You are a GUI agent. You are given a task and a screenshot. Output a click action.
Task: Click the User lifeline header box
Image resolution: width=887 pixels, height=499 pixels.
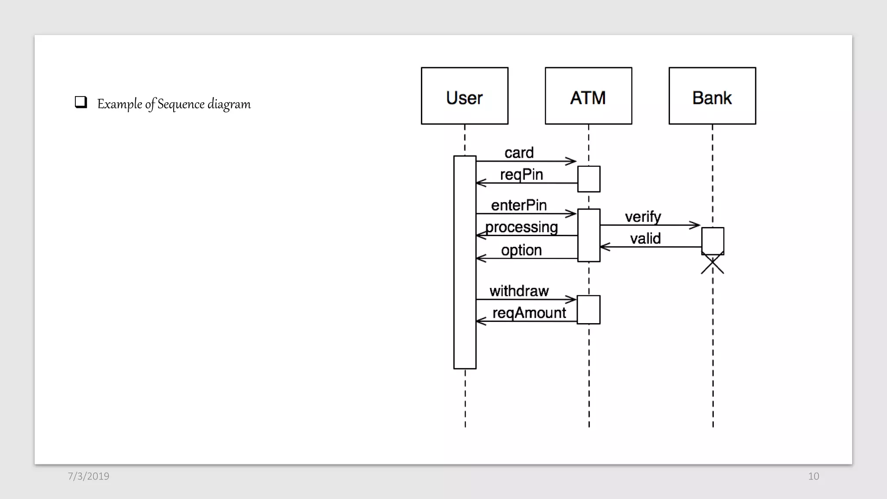(464, 96)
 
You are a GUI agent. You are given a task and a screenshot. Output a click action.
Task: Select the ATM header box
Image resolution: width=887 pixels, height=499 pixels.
(588, 96)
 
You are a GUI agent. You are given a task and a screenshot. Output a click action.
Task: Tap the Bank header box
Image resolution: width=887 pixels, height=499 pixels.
(712, 96)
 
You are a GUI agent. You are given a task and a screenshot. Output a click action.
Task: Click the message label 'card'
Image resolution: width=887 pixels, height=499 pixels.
(519, 153)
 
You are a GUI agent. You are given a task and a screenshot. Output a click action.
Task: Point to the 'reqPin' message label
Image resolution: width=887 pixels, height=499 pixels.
(521, 175)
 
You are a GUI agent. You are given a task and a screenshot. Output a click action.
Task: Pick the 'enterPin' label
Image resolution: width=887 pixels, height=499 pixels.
(519, 205)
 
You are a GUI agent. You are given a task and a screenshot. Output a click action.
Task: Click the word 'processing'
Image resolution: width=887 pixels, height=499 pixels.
(521, 227)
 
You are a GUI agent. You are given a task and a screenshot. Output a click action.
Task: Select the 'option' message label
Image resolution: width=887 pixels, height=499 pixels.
(521, 250)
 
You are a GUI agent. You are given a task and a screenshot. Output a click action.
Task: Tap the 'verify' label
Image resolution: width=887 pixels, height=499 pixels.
(643, 217)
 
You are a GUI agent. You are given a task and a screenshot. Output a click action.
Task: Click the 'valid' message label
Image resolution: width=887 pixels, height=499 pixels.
(645, 239)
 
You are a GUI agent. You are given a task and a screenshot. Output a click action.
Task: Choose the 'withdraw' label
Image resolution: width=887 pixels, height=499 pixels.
(519, 291)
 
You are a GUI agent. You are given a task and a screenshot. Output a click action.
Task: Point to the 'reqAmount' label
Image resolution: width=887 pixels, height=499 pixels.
(529, 313)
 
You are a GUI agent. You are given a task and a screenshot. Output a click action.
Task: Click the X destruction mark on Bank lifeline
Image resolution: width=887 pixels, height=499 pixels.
(712, 265)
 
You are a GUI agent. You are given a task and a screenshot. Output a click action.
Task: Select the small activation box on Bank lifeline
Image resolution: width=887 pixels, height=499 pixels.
(712, 240)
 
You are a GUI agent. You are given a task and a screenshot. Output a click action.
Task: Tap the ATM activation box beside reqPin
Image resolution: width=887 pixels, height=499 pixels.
(589, 178)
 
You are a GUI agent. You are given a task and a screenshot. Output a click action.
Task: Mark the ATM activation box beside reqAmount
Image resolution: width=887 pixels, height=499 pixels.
(589, 309)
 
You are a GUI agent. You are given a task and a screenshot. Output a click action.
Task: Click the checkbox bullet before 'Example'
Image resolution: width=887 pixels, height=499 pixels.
(81, 102)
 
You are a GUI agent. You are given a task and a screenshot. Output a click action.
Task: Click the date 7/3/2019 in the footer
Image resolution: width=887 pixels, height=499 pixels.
(88, 476)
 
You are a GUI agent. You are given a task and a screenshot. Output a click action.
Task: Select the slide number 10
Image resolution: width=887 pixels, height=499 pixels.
(813, 476)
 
